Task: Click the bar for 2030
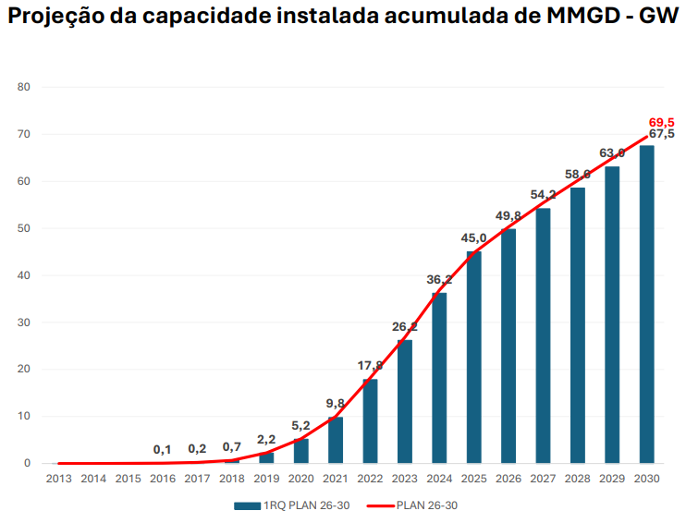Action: [647, 305]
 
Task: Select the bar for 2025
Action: [474, 358]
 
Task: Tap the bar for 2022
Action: [371, 421]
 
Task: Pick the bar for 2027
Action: [544, 335]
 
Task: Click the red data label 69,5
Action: [661, 122]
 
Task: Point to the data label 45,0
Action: [473, 238]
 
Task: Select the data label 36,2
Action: [439, 280]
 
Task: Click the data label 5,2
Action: [300, 426]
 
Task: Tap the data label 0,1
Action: [163, 449]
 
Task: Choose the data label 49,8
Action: [508, 216]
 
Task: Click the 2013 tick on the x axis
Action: [59, 479]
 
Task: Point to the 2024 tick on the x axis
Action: [439, 479]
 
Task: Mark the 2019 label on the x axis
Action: [266, 479]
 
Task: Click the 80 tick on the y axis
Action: [25, 88]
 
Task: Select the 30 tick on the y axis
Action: [25, 322]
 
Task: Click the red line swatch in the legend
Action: [380, 505]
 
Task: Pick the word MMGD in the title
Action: [572, 18]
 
